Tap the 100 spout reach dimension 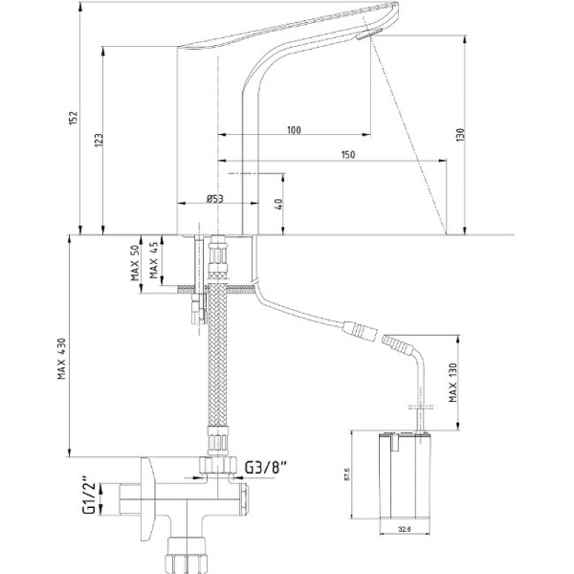[x=294, y=129]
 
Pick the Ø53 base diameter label [x=214, y=199]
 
